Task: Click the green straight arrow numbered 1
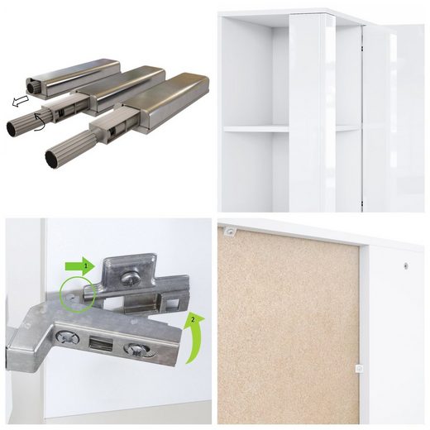coord(80,266)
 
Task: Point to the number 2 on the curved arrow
coord(193,320)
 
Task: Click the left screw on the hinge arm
coord(67,337)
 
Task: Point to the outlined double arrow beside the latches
coord(20,101)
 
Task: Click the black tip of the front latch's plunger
coord(51,160)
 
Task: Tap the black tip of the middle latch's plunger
coord(12,128)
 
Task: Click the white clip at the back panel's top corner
coord(229,232)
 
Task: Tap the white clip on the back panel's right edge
coord(359,368)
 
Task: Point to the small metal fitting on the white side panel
coord(406,266)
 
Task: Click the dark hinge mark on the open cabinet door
coord(361,49)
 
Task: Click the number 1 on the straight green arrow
coord(86,266)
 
